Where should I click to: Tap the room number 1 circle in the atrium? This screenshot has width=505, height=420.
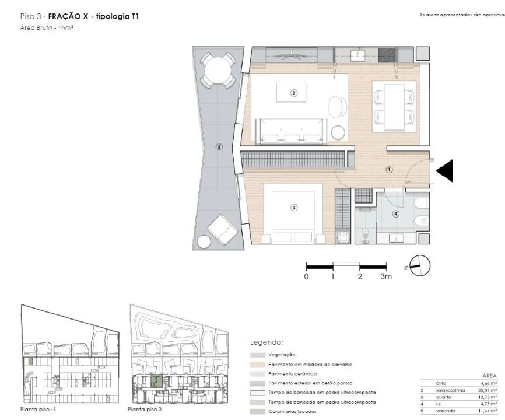(389, 169)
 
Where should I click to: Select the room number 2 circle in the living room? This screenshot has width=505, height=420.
(294, 92)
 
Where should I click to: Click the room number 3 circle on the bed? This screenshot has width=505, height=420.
(294, 207)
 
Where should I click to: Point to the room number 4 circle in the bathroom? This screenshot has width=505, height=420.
(397, 213)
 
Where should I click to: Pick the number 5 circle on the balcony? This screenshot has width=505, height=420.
(219, 147)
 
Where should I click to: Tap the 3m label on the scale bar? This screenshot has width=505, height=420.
(385, 277)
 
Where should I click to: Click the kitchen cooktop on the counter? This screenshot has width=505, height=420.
(387, 55)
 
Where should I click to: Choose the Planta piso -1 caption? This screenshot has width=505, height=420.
(37, 410)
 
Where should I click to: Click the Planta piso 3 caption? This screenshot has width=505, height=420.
(145, 410)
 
